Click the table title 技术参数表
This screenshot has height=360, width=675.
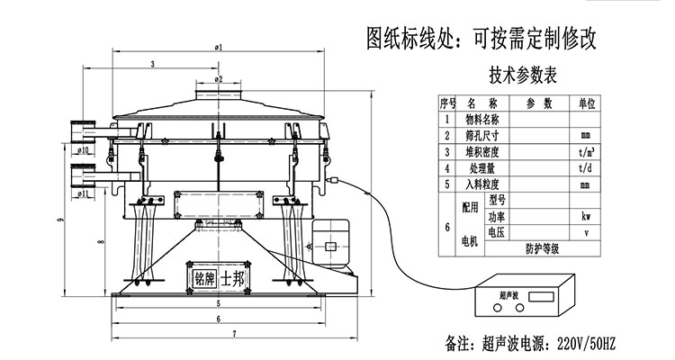tap(523, 76)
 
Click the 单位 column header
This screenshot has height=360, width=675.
tap(586, 103)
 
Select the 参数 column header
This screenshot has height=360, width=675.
tap(539, 103)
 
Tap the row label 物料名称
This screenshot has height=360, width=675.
tap(483, 119)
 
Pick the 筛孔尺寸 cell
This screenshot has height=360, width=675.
tap(483, 135)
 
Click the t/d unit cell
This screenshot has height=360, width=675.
tap(586, 167)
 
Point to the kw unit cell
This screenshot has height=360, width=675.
tap(586, 217)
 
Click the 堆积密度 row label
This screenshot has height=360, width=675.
tap(483, 151)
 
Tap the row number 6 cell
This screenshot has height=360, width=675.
tap(447, 225)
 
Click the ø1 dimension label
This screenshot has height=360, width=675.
tap(219, 46)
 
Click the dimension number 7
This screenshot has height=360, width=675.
tap(234, 335)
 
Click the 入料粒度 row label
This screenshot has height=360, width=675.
tap(483, 184)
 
